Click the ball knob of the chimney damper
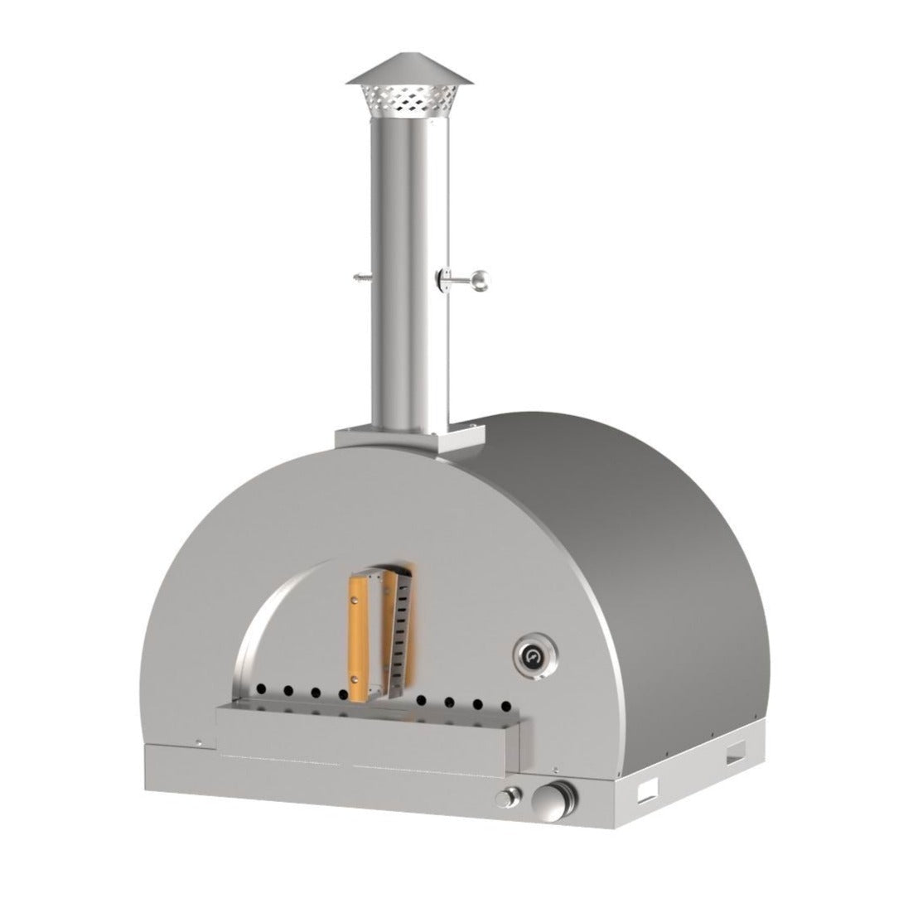coord(480,284)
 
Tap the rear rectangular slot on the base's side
coord(735,756)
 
